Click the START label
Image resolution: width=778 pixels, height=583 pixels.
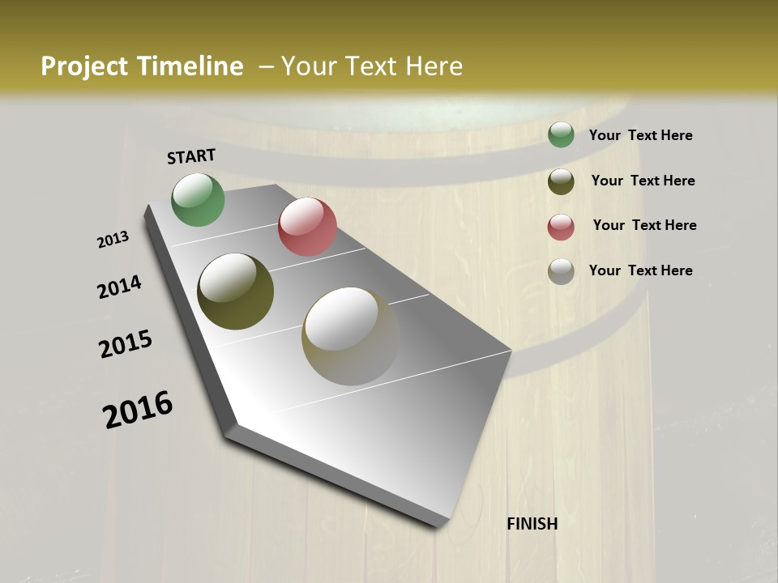(x=191, y=155)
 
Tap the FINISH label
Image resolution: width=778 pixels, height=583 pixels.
(x=532, y=524)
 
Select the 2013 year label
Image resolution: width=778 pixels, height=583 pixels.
(x=113, y=240)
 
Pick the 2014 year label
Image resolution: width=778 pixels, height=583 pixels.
(x=119, y=287)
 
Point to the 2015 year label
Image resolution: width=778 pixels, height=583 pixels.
(x=126, y=344)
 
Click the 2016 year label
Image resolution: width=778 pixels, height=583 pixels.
(x=138, y=409)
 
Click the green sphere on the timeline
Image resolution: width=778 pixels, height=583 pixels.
(x=198, y=199)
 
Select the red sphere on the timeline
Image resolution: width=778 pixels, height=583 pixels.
(x=307, y=227)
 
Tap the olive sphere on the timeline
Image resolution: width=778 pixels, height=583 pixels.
(x=235, y=291)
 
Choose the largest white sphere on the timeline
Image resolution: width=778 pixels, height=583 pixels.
(x=350, y=335)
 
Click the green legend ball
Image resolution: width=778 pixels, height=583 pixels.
(x=561, y=135)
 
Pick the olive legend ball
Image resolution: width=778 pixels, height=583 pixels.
(x=561, y=181)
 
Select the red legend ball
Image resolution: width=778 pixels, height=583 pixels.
(x=561, y=227)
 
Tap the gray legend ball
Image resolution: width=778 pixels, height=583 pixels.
(x=561, y=271)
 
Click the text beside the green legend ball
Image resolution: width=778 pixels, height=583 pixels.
(x=640, y=135)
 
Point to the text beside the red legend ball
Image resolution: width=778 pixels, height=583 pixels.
(x=644, y=225)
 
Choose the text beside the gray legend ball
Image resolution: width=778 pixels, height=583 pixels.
(x=640, y=270)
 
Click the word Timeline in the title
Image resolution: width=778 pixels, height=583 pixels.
(x=190, y=66)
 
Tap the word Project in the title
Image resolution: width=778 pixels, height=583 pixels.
(x=84, y=66)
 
